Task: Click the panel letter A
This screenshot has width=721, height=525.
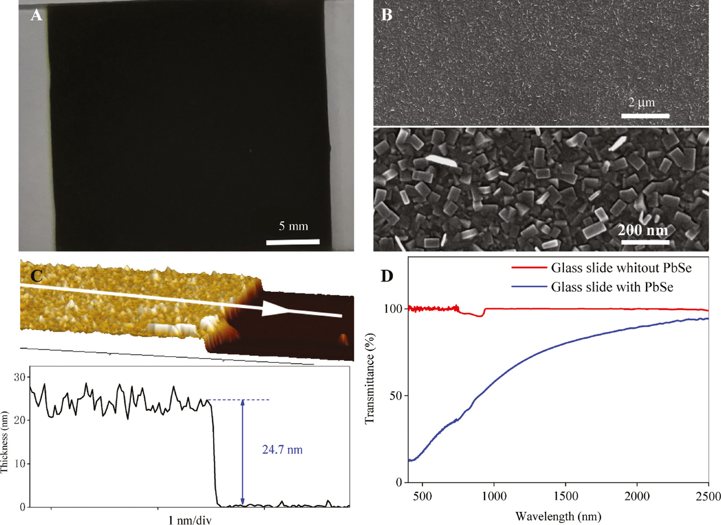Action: pyautogui.click(x=36, y=15)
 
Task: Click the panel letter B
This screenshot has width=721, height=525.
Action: pyautogui.click(x=387, y=15)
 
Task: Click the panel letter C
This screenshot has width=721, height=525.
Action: pyautogui.click(x=36, y=275)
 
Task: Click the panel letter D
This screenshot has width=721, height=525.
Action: pyautogui.click(x=387, y=276)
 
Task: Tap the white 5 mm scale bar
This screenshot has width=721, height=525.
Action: pyautogui.click(x=293, y=242)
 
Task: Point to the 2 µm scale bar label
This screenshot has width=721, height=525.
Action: pyautogui.click(x=641, y=102)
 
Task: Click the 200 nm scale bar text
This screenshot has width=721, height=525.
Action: pyautogui.click(x=643, y=230)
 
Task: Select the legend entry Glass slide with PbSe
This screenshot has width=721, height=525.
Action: pyautogui.click(x=612, y=287)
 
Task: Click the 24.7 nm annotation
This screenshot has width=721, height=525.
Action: pyautogui.click(x=282, y=449)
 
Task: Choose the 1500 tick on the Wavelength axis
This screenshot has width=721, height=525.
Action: pyautogui.click(x=565, y=496)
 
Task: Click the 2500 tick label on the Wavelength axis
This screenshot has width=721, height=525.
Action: pyautogui.click(x=708, y=496)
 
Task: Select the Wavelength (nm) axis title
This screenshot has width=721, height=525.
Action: pyautogui.click(x=558, y=516)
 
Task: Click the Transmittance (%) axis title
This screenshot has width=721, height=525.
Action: pyautogui.click(x=370, y=378)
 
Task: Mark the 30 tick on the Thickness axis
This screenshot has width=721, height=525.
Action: pyautogui.click(x=20, y=377)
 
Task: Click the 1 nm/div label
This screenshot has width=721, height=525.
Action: pyautogui.click(x=190, y=520)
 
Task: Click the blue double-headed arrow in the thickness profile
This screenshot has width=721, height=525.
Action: pyautogui.click(x=243, y=453)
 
